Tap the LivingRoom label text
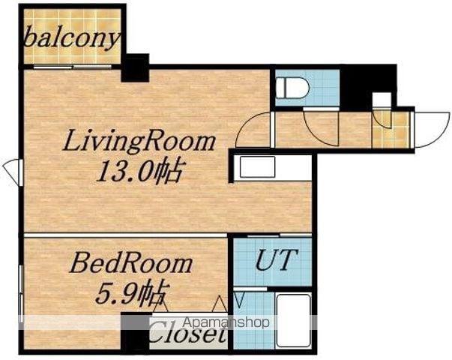pos(139,141)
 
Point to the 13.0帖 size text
pos(139,171)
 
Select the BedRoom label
pos(131,264)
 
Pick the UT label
pos(277,260)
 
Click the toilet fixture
pos(292,87)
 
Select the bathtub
pos(294,321)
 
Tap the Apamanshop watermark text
pos(226,322)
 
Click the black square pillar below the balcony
pos(135,67)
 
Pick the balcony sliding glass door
pos(72,67)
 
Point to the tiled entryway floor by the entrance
pos(391,130)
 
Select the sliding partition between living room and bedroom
pos(126,235)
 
